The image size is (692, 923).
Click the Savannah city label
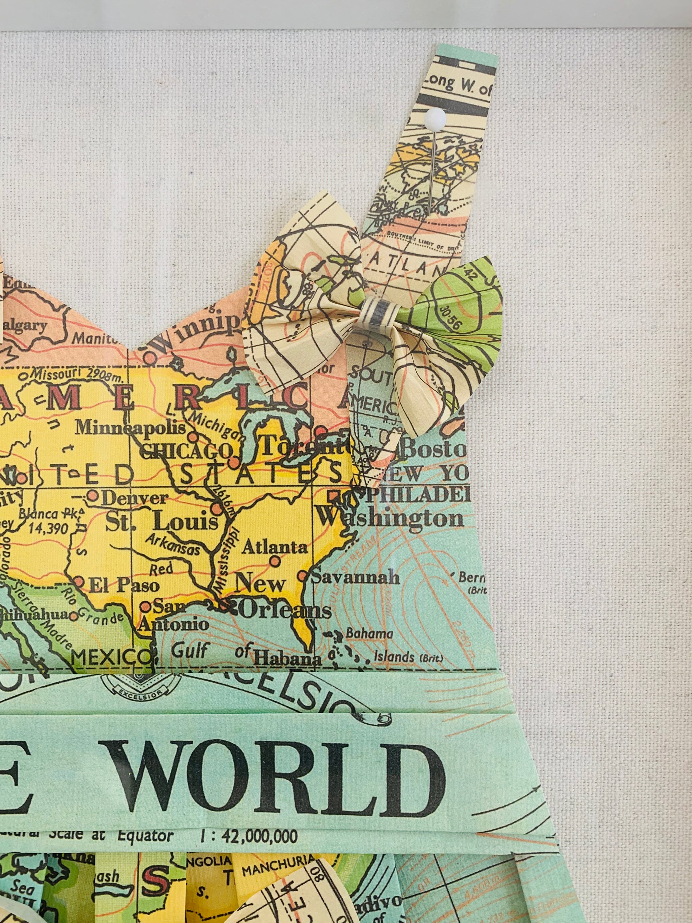[x=355, y=577]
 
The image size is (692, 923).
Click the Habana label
[x=288, y=659]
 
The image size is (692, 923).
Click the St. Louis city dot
[x=217, y=509]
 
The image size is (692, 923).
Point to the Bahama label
[x=369, y=634]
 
